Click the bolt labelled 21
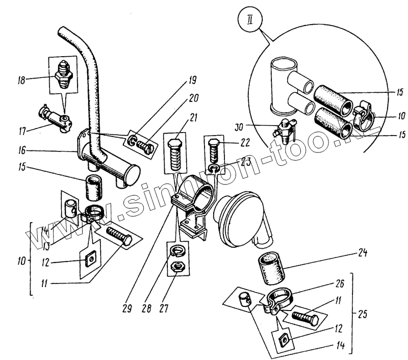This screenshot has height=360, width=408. [175, 153]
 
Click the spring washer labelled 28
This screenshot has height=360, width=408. [176, 251]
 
